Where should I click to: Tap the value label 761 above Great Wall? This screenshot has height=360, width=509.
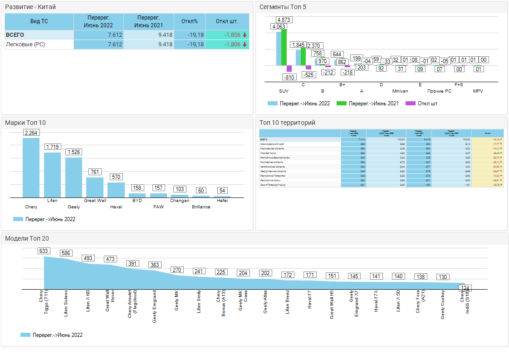(95, 172)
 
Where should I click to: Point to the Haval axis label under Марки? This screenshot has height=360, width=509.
(116, 207)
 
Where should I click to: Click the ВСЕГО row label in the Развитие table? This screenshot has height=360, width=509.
(15, 35)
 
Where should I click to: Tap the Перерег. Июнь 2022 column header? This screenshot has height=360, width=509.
(98, 21)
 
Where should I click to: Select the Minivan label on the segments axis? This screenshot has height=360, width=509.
(400, 91)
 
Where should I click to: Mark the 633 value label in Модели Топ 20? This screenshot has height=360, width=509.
(44, 251)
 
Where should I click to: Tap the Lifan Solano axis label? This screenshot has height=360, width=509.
(66, 304)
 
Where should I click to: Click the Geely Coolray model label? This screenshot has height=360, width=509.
(443, 305)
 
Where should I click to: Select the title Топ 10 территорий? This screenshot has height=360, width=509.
(287, 123)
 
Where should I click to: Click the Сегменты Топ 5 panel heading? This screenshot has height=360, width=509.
(283, 7)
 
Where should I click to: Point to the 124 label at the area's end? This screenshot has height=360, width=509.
(465, 288)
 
